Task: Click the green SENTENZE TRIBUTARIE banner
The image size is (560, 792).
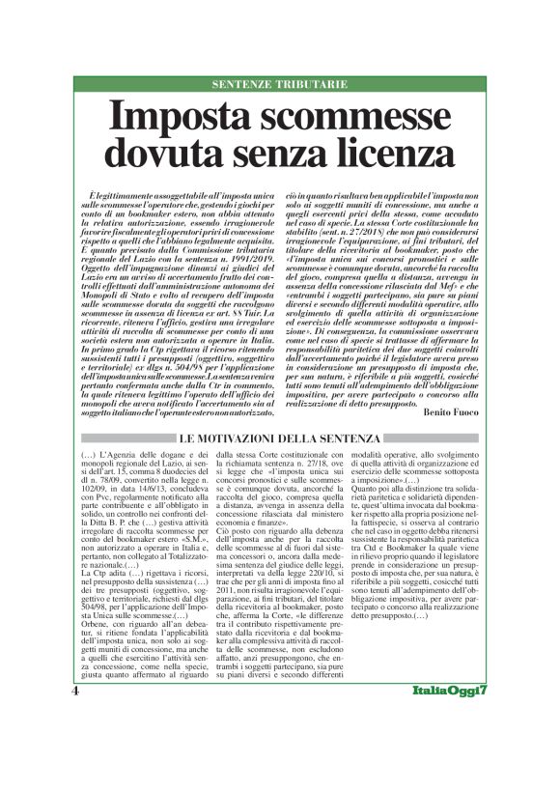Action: [279, 85]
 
